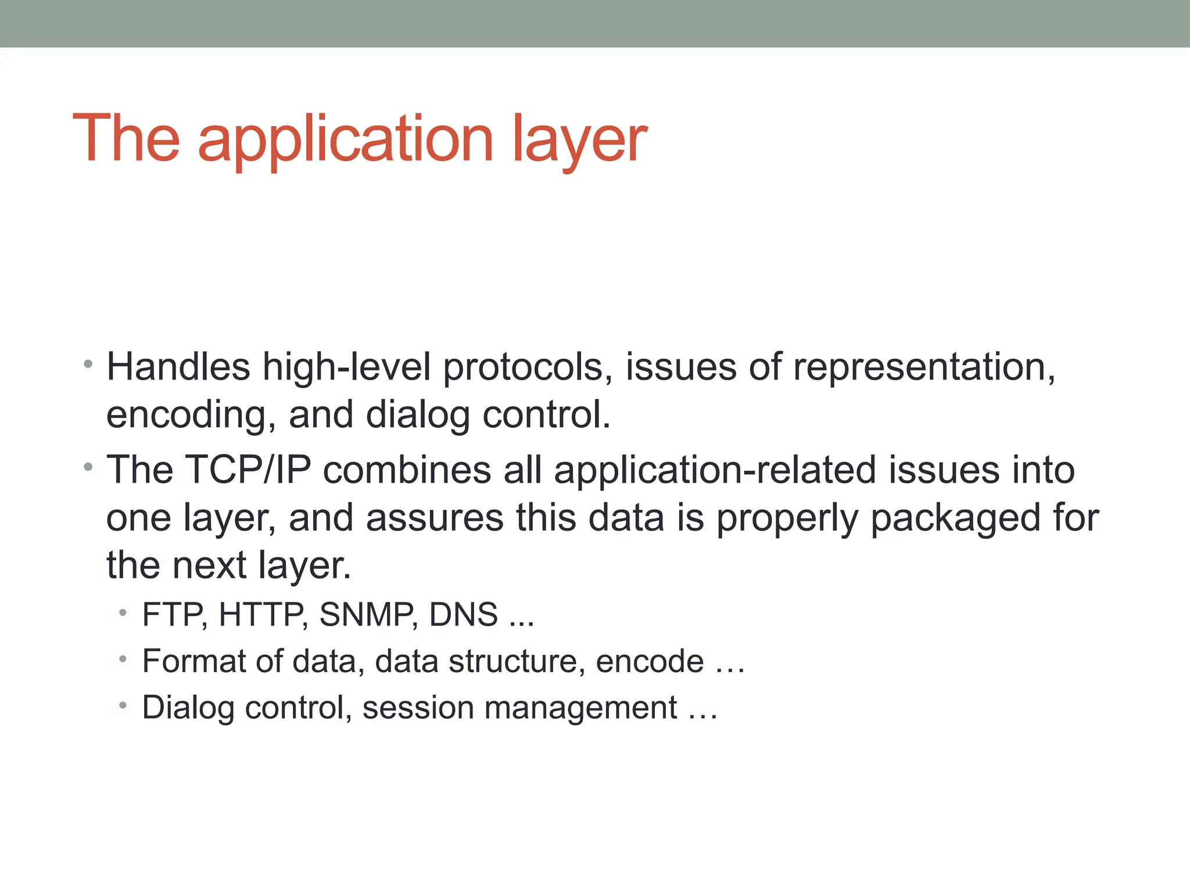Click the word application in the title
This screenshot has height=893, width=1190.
345,140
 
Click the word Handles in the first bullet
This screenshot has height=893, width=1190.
178,367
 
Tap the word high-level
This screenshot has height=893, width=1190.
346,367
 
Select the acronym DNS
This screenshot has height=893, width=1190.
463,615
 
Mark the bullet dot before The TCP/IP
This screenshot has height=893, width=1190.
88,467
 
